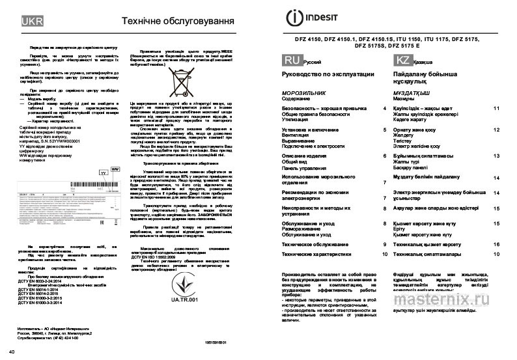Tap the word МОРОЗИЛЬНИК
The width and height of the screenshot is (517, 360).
(307, 93)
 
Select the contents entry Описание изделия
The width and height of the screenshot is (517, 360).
(312, 156)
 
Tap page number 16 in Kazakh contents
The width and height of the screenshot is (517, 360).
(496, 243)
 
